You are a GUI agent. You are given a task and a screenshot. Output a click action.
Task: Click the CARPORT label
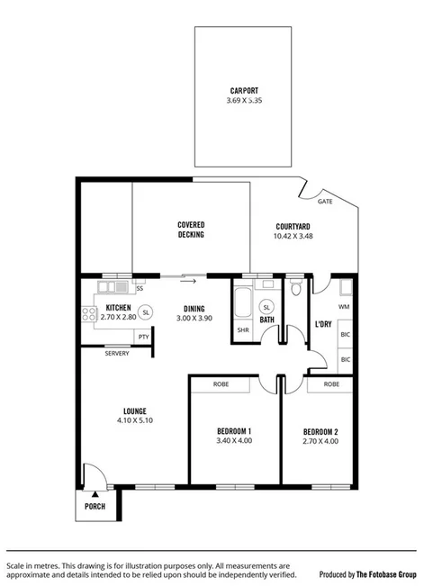click(243, 89)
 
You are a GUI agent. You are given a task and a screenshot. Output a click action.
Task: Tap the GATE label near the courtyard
click(325, 202)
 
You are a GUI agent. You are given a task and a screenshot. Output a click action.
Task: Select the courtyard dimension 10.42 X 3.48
click(293, 236)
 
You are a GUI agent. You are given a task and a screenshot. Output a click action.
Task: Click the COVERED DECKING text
click(191, 229)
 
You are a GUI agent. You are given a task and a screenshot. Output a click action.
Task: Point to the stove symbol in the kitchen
click(90, 314)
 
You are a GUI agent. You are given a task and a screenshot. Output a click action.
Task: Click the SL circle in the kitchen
click(146, 311)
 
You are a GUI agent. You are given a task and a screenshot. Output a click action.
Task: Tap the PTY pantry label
click(143, 337)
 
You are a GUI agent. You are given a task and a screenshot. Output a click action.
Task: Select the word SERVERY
click(117, 353)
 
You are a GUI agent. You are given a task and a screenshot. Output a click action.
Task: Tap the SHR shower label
click(242, 330)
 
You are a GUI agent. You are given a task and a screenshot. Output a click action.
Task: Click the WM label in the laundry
click(345, 307)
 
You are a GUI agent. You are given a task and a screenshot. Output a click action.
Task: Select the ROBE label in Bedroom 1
click(221, 384)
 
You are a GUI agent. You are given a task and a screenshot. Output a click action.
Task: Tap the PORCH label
click(95, 506)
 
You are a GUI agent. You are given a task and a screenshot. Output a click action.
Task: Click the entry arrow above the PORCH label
click(95, 493)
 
